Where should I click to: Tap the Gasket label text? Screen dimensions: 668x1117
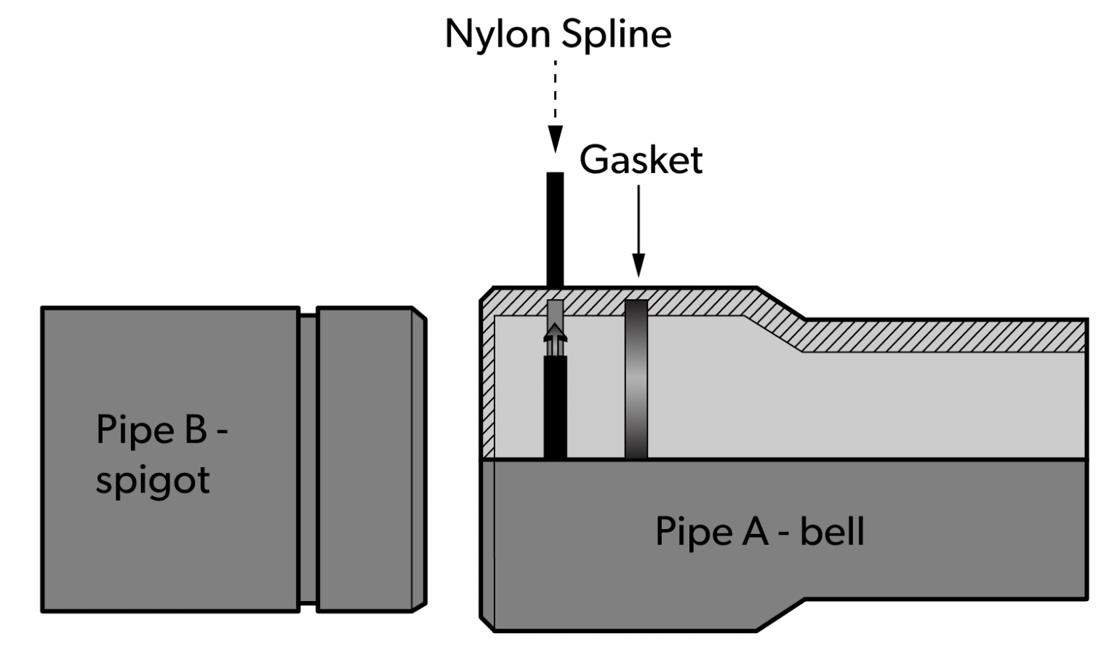pos(641,160)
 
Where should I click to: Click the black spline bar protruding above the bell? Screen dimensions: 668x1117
pos(555,228)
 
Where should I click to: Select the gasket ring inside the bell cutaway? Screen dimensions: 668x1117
pos(636,378)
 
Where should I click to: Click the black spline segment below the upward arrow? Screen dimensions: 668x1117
pos(555,407)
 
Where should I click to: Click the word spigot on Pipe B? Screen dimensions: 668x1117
pos(153,480)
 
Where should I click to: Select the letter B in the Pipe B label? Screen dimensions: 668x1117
pos(196,429)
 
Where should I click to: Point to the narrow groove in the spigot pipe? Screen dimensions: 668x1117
pos(308,458)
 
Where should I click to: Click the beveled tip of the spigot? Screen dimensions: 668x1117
pos(419,458)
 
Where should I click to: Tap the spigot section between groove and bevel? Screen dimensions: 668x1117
pos(364,458)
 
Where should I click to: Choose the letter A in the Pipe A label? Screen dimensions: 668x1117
pos(755,531)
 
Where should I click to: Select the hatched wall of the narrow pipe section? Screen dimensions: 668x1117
pos(945,335)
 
